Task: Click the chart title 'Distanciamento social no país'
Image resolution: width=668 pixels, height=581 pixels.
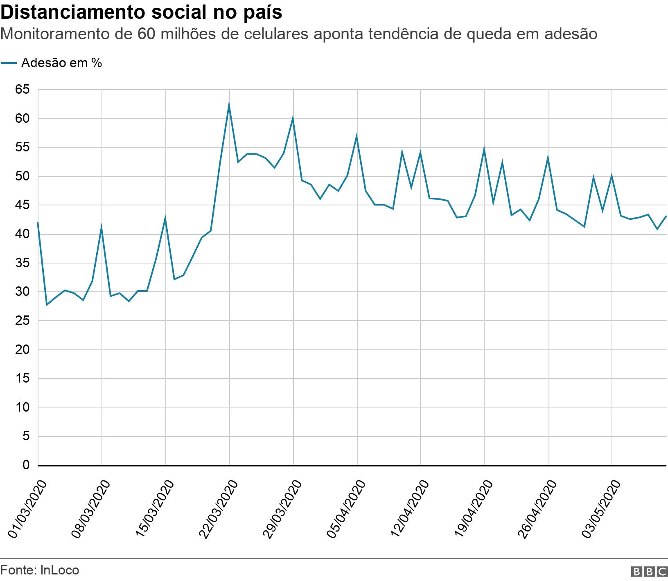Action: point(141,12)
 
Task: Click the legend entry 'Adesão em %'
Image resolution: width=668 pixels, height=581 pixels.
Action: point(61,63)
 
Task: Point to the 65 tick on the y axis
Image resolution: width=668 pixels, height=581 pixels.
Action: point(23,90)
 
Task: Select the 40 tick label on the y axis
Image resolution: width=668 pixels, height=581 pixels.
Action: point(23,234)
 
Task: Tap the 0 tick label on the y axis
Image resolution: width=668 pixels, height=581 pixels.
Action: point(26,465)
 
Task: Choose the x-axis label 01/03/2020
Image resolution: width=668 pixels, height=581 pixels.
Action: point(27,505)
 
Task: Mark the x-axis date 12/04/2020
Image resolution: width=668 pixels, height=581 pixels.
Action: point(410,505)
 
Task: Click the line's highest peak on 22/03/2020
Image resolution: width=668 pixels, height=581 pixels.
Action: point(229,104)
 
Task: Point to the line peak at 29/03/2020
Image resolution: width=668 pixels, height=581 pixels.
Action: point(293,118)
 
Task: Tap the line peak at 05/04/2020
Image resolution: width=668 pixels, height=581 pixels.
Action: point(357,136)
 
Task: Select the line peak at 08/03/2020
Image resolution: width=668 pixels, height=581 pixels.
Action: point(102,227)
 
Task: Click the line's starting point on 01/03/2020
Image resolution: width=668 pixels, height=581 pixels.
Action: point(38,223)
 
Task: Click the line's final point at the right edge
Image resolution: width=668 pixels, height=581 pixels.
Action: point(666,216)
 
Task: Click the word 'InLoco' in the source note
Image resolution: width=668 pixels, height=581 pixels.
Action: point(60,570)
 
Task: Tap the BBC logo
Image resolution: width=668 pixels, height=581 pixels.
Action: point(649,571)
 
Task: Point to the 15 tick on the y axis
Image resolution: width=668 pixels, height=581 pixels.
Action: point(23,378)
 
